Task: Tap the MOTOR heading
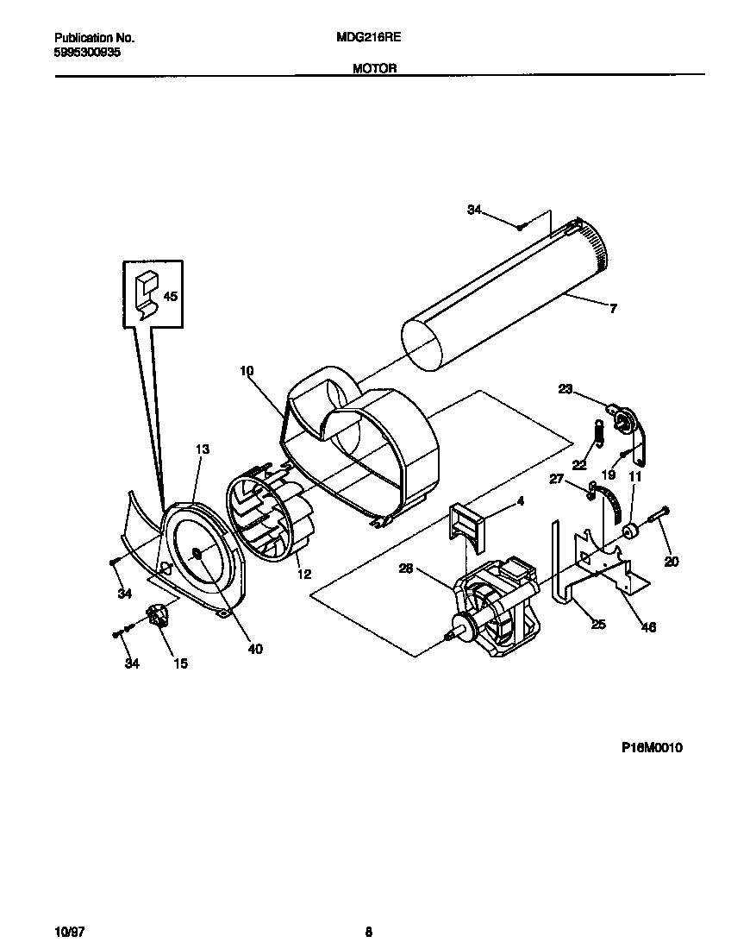[x=374, y=68]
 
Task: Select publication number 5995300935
[x=87, y=53]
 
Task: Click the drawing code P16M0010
[x=652, y=748]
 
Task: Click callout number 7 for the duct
[x=613, y=309]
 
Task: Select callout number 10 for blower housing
[x=247, y=371]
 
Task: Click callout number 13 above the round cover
[x=202, y=449]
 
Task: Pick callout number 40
[x=255, y=649]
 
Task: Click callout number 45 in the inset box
[x=170, y=296]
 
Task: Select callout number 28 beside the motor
[x=407, y=568]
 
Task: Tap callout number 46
[x=649, y=627]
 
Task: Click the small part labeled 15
[x=159, y=618]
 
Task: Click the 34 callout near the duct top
[x=474, y=210]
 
